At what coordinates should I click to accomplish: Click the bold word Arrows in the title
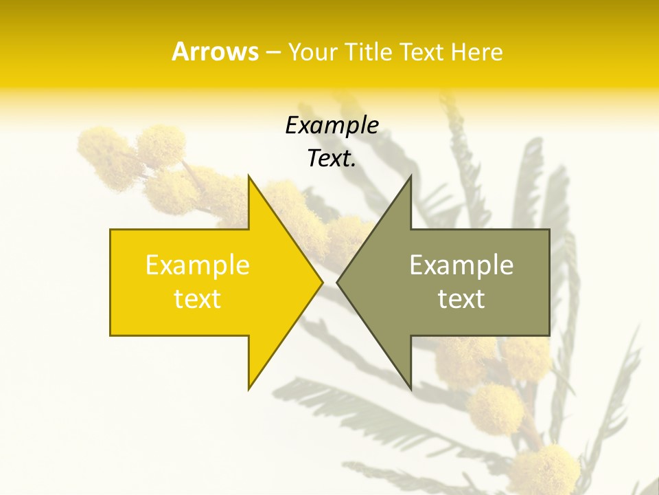coord(215,52)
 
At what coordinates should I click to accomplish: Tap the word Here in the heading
coord(476,52)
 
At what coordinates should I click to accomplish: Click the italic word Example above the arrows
coord(332,125)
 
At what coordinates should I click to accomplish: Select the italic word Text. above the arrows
coord(330,159)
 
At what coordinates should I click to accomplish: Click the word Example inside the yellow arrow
coord(198,265)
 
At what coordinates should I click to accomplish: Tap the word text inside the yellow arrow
coord(198,298)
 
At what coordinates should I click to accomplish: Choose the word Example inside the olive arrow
coord(461,265)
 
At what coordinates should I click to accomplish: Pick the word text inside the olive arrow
coord(461,298)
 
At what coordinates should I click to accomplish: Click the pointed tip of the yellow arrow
coord(321,282)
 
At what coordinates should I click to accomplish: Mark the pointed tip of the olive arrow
coord(338,282)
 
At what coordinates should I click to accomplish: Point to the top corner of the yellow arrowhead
coord(249,177)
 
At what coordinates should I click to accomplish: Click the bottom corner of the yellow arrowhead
coord(249,388)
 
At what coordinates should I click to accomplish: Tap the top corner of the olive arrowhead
coord(410,177)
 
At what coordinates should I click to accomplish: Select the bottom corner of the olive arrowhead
coord(410,388)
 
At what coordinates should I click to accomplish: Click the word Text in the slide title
coord(423,52)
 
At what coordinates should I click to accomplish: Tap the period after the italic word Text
coord(354,165)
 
